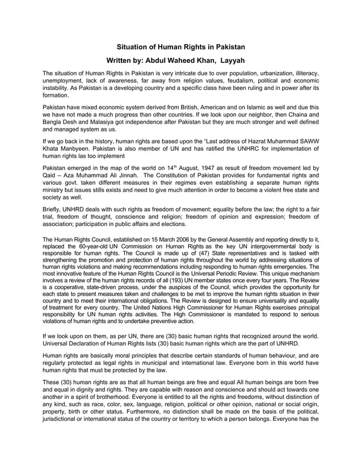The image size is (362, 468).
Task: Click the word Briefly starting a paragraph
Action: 54,209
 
